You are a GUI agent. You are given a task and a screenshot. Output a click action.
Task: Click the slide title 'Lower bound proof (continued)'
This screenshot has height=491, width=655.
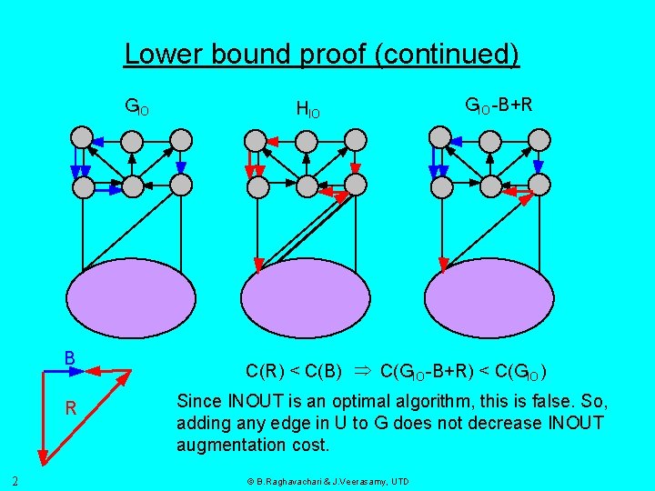click(x=322, y=55)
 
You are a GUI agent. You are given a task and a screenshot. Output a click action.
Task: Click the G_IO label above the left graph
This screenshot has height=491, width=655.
click(x=136, y=108)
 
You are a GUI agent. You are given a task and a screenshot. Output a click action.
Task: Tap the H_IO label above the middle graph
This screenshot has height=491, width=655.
click(x=307, y=110)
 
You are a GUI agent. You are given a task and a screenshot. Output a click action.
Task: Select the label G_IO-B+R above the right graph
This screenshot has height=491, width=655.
click(x=499, y=105)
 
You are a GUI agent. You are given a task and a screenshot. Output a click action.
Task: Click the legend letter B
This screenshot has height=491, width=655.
click(x=69, y=357)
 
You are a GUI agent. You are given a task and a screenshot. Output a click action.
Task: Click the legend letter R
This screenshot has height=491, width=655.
click(x=70, y=408)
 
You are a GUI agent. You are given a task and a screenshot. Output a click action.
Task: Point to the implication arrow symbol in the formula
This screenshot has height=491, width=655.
click(x=360, y=371)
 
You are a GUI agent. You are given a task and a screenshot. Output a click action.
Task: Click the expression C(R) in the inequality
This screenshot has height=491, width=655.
click(x=267, y=371)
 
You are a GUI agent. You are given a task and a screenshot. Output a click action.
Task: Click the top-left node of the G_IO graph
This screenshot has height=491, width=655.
click(x=83, y=139)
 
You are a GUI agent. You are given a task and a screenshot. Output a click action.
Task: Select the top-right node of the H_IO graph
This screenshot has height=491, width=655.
click(x=356, y=139)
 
